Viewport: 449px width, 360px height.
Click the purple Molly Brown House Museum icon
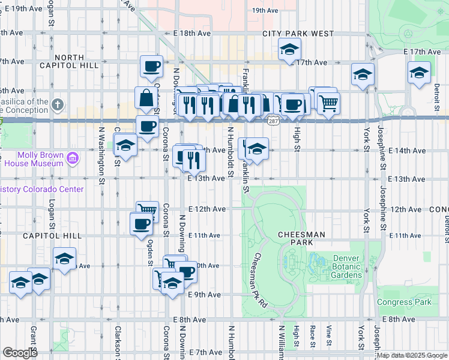click(x=73, y=159)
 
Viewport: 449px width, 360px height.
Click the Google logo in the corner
click(x=20, y=353)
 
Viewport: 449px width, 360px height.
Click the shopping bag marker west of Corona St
click(x=146, y=97)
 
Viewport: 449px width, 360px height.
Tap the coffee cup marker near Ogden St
click(x=142, y=223)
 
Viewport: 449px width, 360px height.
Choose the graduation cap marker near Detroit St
click(x=418, y=73)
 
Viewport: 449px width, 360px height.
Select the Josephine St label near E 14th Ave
click(x=380, y=150)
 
